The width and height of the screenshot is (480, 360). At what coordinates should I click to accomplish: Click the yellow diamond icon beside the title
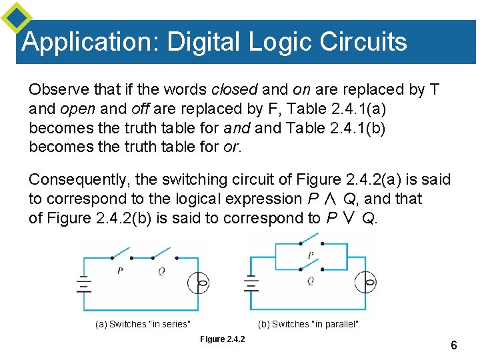15,18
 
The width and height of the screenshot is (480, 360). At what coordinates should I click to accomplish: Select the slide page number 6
453,345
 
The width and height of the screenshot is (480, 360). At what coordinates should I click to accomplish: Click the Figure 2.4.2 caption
223,339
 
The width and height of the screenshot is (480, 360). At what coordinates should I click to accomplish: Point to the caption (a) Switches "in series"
143,325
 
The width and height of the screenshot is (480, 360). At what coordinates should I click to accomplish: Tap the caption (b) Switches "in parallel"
308,325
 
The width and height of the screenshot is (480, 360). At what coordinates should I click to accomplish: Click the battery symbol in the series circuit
84,285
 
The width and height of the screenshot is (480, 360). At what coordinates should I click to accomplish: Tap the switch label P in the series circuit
119,271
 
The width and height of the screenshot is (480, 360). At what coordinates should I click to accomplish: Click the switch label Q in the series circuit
161,271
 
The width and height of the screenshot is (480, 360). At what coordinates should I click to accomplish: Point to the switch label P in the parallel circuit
311,255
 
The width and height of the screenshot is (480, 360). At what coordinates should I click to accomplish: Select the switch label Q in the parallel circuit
311,281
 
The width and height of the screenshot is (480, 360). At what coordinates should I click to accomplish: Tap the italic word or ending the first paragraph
231,146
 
